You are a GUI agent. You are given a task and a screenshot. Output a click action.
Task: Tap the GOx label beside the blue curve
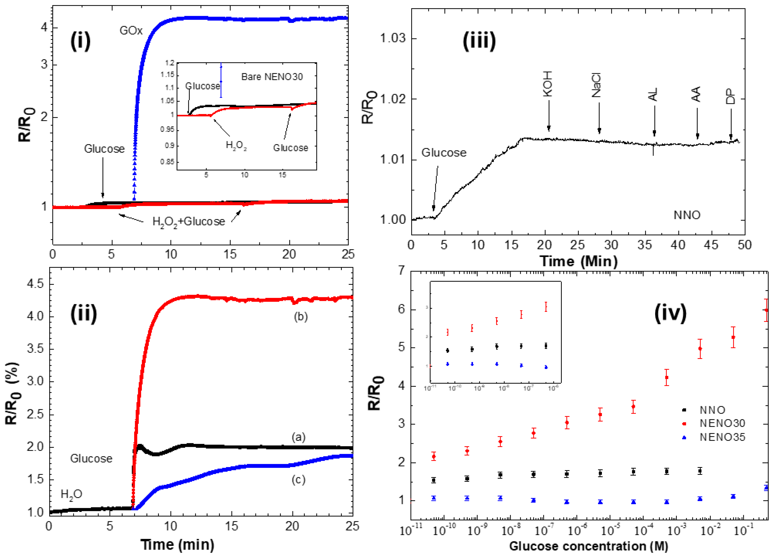click(131, 31)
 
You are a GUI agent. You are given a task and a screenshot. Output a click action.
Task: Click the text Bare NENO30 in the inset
click(272, 77)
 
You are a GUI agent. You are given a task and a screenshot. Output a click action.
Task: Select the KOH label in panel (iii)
click(547, 84)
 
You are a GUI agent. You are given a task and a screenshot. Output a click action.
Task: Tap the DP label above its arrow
click(730, 97)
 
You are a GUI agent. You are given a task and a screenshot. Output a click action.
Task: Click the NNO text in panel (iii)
click(687, 215)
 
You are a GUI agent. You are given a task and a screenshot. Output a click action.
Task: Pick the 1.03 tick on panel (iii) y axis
click(393, 38)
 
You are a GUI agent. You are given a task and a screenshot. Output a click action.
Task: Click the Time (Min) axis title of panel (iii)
click(578, 261)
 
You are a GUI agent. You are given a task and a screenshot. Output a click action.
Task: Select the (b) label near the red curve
click(300, 317)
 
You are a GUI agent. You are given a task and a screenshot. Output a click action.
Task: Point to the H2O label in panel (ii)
click(71, 494)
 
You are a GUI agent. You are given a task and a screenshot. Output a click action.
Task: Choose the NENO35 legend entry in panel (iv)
click(722, 437)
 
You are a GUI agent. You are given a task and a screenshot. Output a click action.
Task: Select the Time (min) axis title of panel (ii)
click(177, 544)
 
